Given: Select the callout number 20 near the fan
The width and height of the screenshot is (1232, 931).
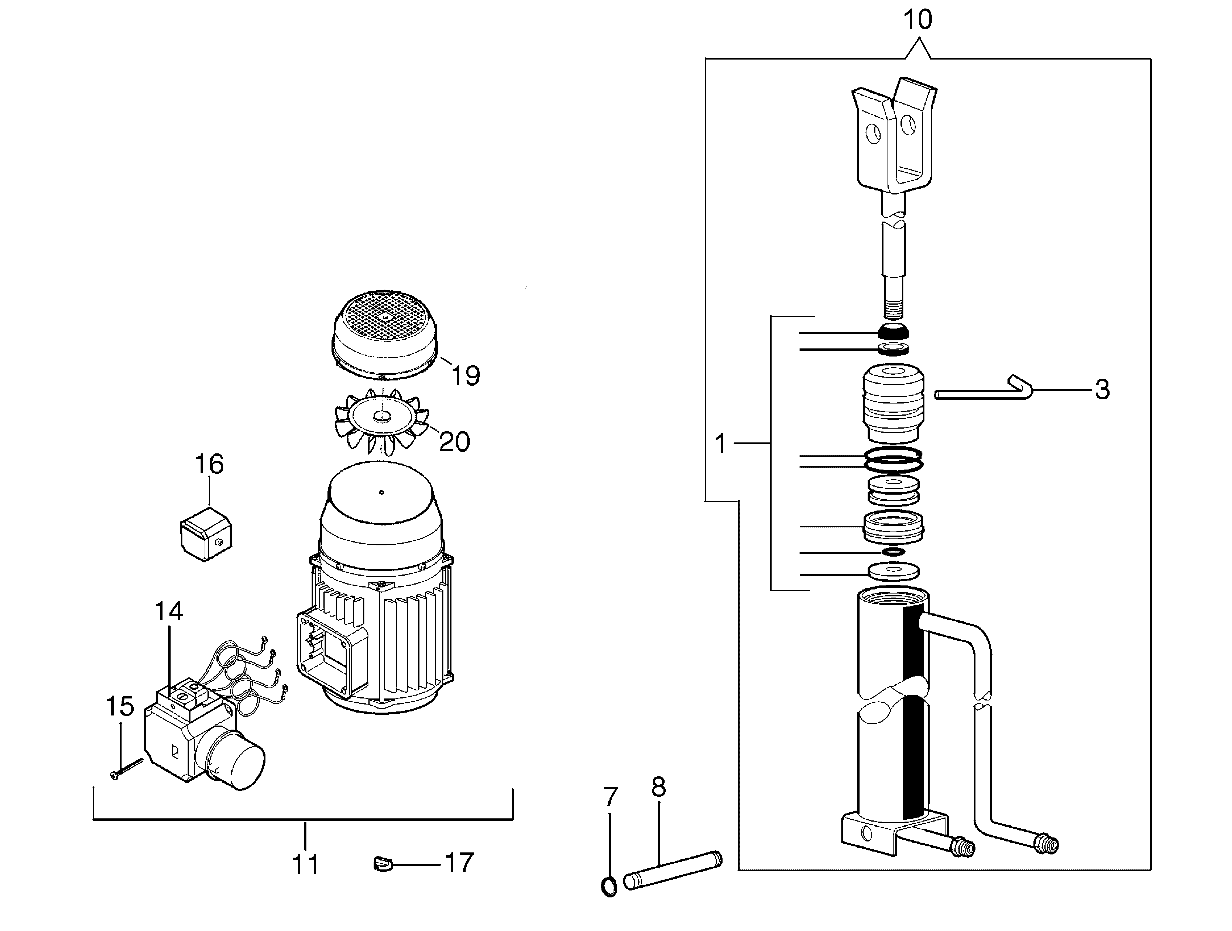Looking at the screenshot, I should click(454, 442).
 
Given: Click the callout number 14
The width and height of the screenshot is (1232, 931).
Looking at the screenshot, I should click(169, 611).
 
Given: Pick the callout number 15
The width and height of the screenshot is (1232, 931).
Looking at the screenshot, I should click(120, 706).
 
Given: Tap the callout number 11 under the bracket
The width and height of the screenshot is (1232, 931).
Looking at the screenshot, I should click(306, 865).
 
